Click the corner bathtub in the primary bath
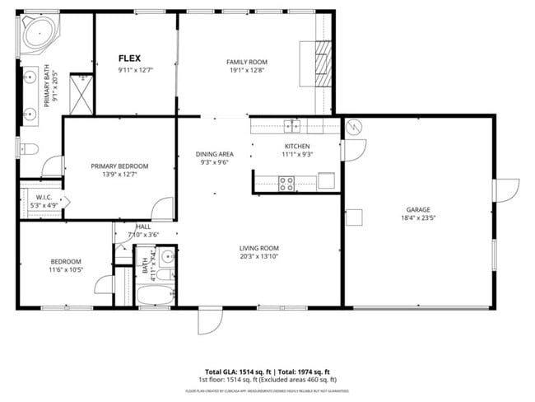point(37,34)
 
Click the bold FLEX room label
point(129,58)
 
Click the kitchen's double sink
point(293,125)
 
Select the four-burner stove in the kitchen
point(287,183)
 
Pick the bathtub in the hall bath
point(155,295)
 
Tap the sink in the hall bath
point(165,255)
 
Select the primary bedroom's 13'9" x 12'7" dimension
point(119,174)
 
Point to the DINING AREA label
point(214,154)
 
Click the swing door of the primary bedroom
point(162,208)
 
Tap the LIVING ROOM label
point(259,248)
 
